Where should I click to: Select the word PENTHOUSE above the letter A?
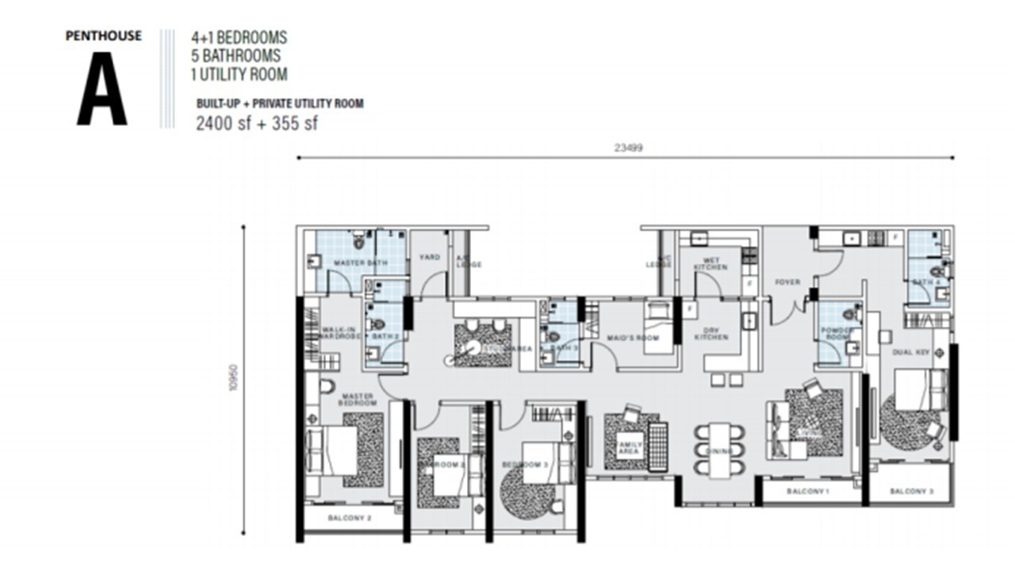pos(104,36)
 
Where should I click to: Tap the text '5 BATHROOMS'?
pos(236,56)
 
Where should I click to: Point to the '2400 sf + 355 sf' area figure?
pos(257,123)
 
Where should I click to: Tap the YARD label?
pos(429,257)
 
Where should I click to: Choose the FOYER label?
pos(787,282)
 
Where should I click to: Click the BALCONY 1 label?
pos(807,492)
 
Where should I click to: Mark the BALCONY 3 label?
pos(911,492)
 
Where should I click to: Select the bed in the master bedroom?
pos(332,451)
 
